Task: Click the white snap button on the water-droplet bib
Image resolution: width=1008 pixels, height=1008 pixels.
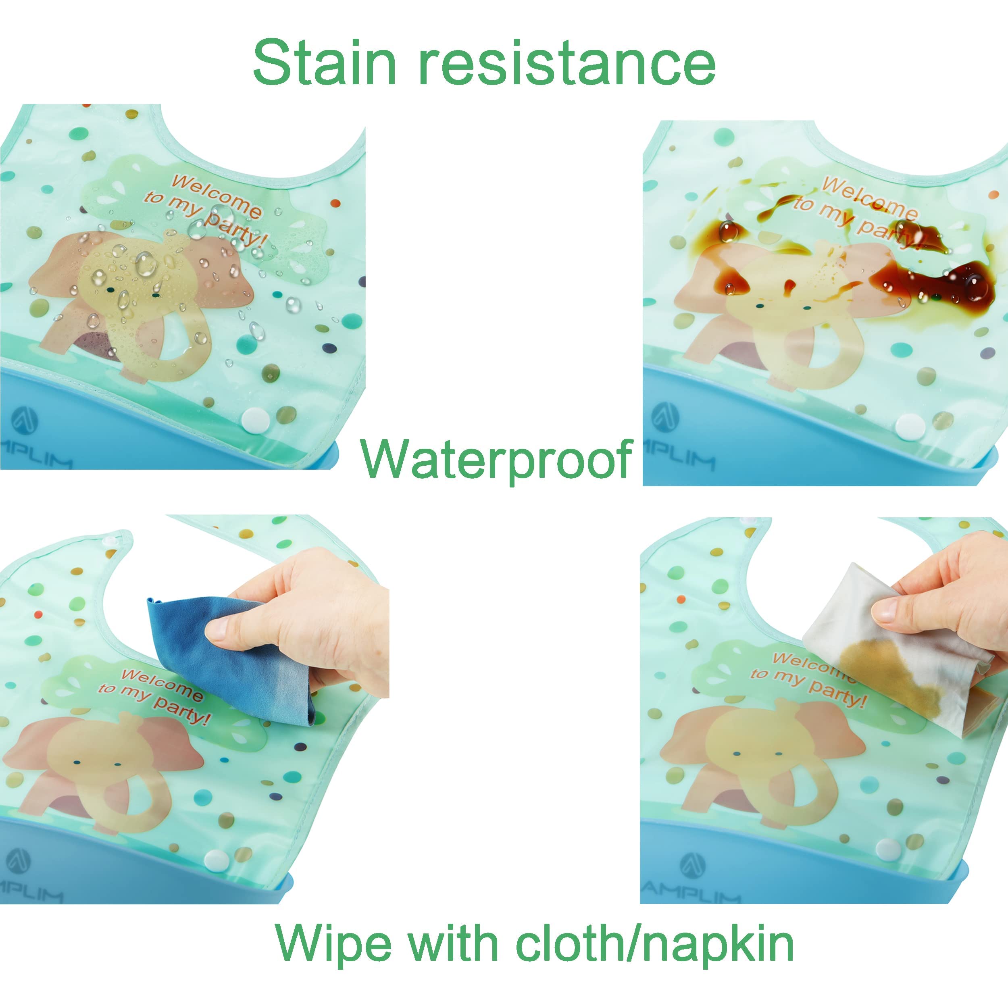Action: coord(254,419)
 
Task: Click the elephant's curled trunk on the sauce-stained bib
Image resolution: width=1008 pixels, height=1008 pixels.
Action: coord(783,360)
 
